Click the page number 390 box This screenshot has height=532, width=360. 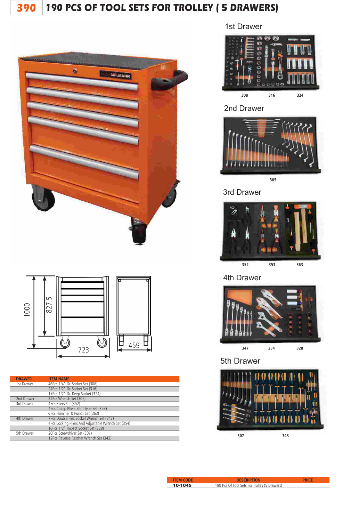coord(26,8)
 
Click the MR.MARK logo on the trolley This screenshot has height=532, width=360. coord(116,75)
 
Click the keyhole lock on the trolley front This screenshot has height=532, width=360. coord(75,71)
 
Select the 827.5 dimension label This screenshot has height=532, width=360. coord(49,305)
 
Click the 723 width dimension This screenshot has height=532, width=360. coord(83,350)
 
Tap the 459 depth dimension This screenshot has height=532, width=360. coord(134,345)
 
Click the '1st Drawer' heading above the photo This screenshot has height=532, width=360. coord(243,27)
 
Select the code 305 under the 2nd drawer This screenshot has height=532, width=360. coord(273,180)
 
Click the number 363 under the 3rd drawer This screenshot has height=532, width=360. coord(300,265)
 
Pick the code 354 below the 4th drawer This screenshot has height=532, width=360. coord(271,348)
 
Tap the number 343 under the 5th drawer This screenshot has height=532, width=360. coord(285,436)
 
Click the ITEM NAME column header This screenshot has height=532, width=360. coord(59,379)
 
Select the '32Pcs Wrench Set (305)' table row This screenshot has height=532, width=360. coord(67,399)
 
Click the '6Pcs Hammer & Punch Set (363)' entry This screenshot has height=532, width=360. coord(74,413)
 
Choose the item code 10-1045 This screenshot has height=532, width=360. coord(182,485)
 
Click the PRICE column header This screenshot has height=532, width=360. coord(308,480)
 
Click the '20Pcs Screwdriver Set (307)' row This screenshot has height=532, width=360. coord(70,433)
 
